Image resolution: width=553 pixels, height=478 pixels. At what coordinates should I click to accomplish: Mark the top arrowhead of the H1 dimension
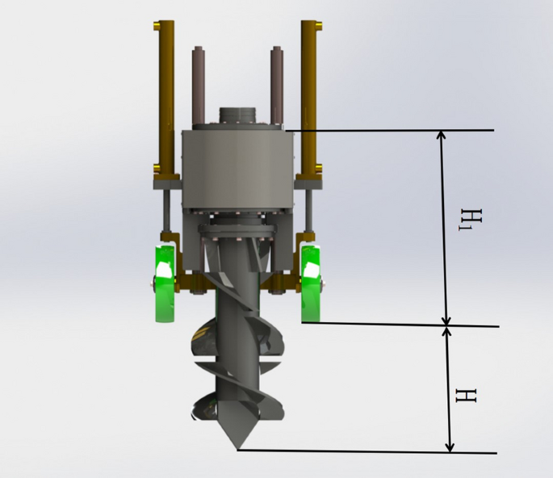[441, 136]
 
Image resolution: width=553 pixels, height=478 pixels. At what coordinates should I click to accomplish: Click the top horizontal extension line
[388, 130]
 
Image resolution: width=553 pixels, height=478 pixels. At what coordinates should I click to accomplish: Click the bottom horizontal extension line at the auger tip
[363, 451]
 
